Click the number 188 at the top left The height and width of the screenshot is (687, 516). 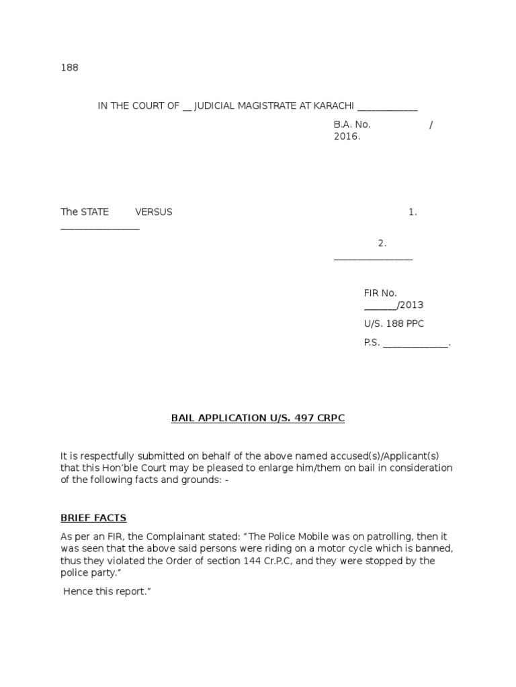[x=69, y=68]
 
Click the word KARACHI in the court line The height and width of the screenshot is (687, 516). [x=335, y=106]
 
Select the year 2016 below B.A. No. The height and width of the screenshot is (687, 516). [x=346, y=136]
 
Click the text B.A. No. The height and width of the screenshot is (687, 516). [x=352, y=124]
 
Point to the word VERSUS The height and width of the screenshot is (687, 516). [x=154, y=212]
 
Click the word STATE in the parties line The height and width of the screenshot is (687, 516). [x=95, y=212]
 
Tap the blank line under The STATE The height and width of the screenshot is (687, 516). [x=100, y=229]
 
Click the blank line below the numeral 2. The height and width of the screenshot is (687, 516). [x=373, y=259]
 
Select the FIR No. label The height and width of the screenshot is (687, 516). [x=380, y=293]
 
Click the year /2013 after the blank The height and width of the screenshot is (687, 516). [x=411, y=305]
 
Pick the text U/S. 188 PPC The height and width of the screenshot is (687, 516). [x=394, y=324]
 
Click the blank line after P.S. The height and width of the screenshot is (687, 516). [x=415, y=345]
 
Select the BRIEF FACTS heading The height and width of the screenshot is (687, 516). [x=93, y=518]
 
